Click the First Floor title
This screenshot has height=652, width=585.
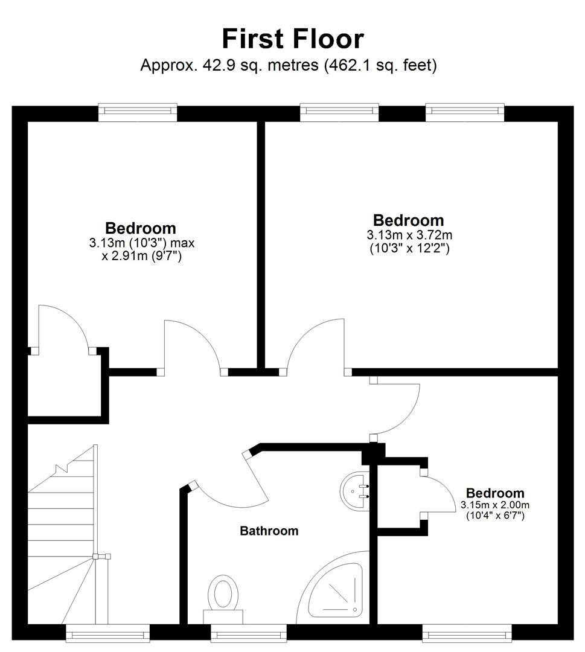(293, 39)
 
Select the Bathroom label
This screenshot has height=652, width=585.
(269, 531)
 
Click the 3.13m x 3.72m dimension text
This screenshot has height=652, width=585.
(409, 235)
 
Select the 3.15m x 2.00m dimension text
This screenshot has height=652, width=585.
(495, 505)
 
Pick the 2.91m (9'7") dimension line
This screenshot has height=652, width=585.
(141, 256)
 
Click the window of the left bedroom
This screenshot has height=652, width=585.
(138, 112)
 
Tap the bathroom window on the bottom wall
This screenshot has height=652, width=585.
(249, 634)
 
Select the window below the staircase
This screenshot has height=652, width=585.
(107, 634)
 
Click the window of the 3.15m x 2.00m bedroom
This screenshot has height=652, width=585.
(467, 634)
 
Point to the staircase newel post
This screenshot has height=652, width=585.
(95, 557)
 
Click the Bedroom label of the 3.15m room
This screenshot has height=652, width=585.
(495, 493)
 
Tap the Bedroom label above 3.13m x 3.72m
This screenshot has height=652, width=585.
(408, 220)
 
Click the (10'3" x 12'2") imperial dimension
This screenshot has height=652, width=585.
(409, 249)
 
